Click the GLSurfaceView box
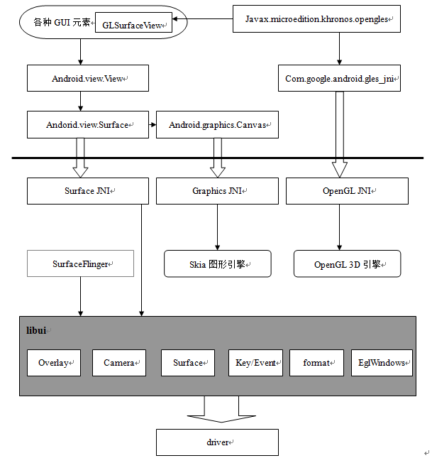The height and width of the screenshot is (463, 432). pyautogui.click(x=133, y=23)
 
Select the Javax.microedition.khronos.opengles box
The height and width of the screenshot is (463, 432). pyautogui.click(x=316, y=18)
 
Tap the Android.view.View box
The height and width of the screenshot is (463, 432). pyautogui.click(x=88, y=78)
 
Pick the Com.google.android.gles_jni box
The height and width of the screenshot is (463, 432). pyautogui.click(x=339, y=78)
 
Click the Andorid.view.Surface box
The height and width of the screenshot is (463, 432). pyautogui.click(x=88, y=124)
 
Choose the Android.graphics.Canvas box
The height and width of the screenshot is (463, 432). pyautogui.click(x=217, y=124)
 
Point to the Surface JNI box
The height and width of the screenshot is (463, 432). pyautogui.click(x=88, y=191)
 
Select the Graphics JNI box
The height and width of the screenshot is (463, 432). pyautogui.click(x=217, y=191)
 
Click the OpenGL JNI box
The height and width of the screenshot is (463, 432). pyautogui.click(x=347, y=191)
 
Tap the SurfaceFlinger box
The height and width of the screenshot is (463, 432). pyautogui.click(x=80, y=263)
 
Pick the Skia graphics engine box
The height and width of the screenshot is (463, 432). pyautogui.click(x=218, y=263)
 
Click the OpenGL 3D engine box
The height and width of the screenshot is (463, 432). pyautogui.click(x=347, y=263)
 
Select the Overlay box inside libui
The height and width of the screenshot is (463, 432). pyautogui.click(x=54, y=363)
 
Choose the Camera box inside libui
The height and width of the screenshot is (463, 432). pyautogui.click(x=119, y=363)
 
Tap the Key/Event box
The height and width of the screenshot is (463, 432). pyautogui.click(x=255, y=363)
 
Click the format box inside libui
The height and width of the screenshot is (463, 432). pyautogui.click(x=316, y=363)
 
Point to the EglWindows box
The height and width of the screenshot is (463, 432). pyautogui.click(x=382, y=363)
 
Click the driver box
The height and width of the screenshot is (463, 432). pyautogui.click(x=217, y=442)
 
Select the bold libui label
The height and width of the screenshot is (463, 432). pyautogui.click(x=36, y=330)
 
